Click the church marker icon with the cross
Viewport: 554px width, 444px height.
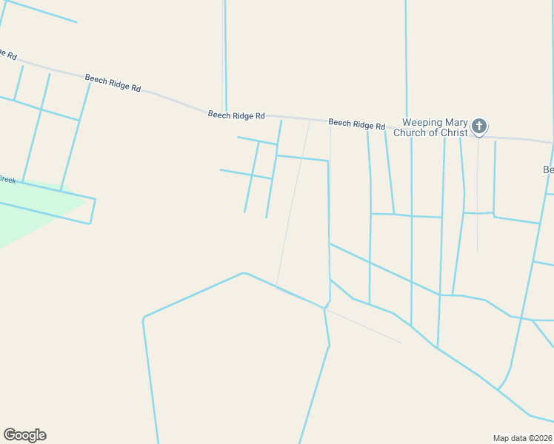tap(479, 126)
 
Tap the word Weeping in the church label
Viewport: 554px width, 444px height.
tap(421, 123)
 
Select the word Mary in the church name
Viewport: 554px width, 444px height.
tap(456, 123)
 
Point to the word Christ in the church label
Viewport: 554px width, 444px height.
tap(452, 133)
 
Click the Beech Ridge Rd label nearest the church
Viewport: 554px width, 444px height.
tap(356, 124)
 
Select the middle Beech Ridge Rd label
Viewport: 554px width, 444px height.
tap(236, 115)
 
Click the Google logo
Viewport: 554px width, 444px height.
tap(24, 435)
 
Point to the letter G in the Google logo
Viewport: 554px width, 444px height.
tap(10, 434)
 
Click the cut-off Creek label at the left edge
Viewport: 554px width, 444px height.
tap(7, 180)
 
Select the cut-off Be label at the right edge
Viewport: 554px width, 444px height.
tap(548, 170)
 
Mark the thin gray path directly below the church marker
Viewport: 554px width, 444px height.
tap(478, 200)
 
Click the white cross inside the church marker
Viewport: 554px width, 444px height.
tap(479, 125)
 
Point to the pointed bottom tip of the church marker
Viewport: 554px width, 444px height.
tap(479, 136)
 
